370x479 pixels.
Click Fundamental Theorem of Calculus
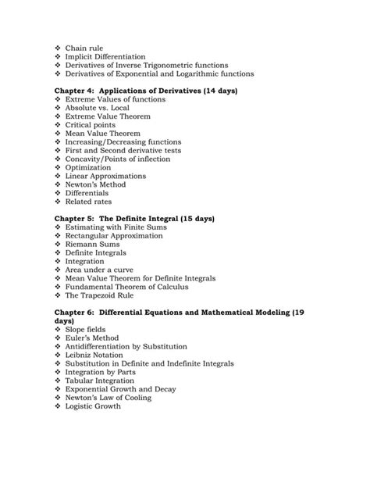pos(134,287)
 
